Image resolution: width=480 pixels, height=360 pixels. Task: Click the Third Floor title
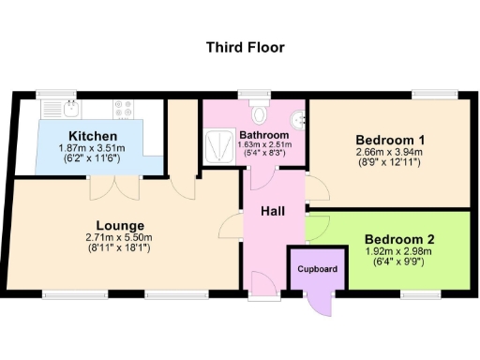coord(246,47)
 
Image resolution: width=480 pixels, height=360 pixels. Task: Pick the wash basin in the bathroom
coord(297,120)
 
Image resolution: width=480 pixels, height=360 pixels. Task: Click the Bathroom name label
coord(262,135)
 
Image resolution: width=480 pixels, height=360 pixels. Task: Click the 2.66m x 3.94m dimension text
coord(389,151)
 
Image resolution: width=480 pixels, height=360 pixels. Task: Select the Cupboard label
coord(317,270)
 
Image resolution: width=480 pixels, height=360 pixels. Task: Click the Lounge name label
coord(120,226)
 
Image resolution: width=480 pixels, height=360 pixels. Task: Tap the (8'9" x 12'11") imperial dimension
coord(389,162)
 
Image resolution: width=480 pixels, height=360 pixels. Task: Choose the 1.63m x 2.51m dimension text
coord(262,145)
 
